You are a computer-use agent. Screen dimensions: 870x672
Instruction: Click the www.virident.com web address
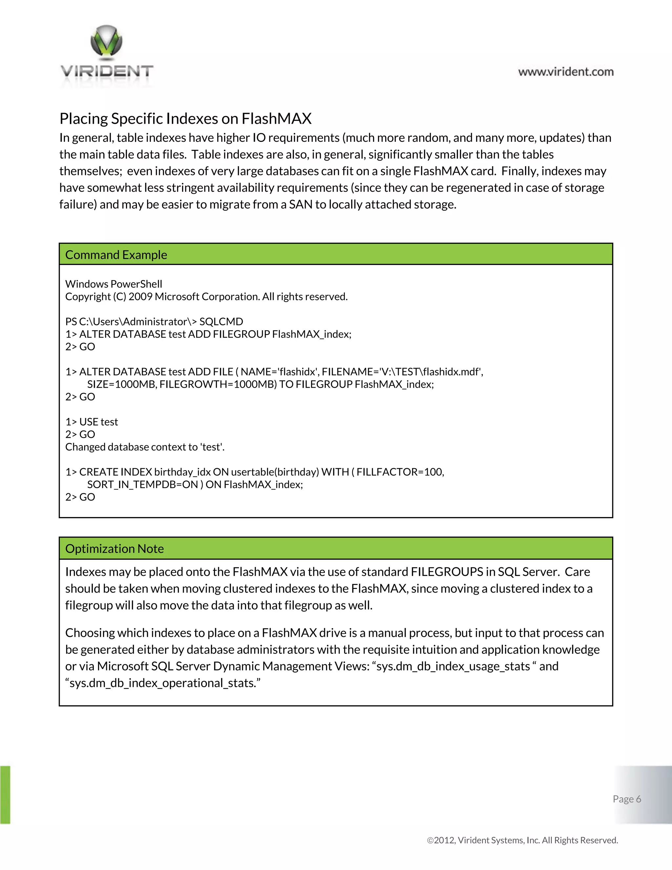[x=566, y=72]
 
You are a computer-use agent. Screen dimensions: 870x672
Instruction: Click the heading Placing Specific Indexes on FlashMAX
[x=185, y=119]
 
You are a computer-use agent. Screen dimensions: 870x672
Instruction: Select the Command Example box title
[x=116, y=255]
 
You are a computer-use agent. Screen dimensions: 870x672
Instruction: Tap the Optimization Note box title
[x=114, y=549]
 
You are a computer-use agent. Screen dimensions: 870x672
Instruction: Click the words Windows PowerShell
[x=114, y=284]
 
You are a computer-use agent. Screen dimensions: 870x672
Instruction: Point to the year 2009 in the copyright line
[x=140, y=297]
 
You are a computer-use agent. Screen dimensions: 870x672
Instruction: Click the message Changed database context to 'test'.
[x=145, y=447]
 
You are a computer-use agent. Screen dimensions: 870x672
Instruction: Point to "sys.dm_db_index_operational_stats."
[x=163, y=683]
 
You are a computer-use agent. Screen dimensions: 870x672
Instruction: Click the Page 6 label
[x=627, y=799]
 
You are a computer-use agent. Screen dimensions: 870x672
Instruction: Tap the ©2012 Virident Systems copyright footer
[x=522, y=840]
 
